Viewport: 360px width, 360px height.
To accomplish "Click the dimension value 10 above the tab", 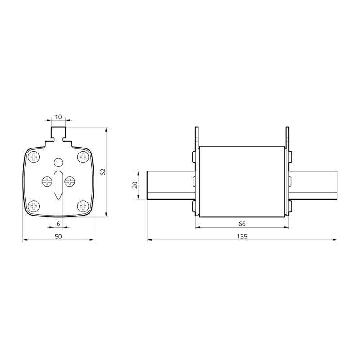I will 58,117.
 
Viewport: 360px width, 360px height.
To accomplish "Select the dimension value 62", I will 103,172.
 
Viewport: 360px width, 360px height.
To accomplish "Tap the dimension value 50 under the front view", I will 58,236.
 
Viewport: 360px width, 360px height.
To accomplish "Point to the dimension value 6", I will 58,224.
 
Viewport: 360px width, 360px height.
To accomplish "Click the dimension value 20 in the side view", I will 135,185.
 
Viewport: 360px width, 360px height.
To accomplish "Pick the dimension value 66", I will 242,224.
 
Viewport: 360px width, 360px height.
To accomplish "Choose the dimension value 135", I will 242,236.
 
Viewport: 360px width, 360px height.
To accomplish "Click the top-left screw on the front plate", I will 34,157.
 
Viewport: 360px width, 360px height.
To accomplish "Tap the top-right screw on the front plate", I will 82,157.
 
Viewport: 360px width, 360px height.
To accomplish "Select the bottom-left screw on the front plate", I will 34,207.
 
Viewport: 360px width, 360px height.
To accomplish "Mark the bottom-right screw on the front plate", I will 82,207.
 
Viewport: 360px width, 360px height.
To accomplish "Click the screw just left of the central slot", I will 47,181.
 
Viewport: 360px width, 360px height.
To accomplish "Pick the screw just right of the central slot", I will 70,181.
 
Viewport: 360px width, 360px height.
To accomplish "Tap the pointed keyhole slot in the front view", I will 58,184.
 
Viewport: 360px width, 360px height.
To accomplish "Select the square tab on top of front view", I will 58,133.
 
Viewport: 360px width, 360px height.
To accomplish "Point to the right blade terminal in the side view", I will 314,185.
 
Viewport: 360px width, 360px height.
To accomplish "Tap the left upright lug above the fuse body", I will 197,137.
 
